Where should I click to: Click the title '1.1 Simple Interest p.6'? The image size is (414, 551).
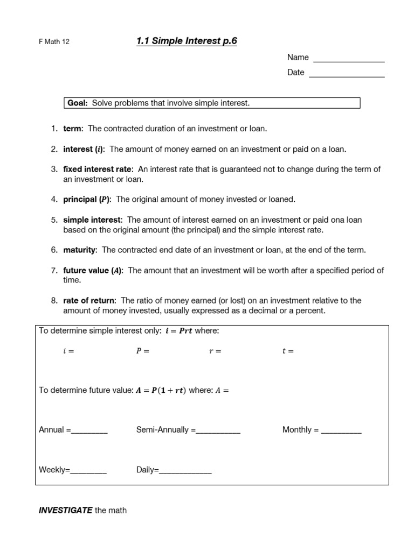[x=187, y=41]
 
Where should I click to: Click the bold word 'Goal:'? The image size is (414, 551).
[x=78, y=103]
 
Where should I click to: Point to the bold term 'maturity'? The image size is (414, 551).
[x=80, y=250]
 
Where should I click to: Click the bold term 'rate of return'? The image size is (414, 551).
[x=89, y=300]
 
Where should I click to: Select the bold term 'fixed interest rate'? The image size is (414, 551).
[x=97, y=169]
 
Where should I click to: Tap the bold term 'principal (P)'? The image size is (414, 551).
[x=87, y=199]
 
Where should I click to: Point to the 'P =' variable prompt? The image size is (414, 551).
[x=142, y=351]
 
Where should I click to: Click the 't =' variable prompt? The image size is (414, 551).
[x=288, y=351]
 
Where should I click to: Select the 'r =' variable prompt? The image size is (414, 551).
[x=215, y=351]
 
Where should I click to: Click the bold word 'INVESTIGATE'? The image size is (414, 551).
[x=65, y=510]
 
